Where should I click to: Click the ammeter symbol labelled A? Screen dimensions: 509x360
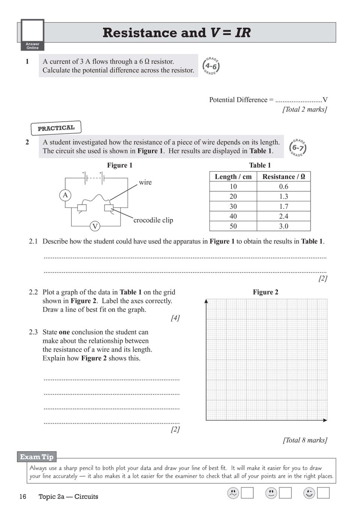[65, 195]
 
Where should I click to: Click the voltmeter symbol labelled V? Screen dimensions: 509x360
[95, 226]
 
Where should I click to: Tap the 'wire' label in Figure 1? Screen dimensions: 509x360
[145, 182]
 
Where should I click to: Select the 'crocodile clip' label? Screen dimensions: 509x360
[153, 220]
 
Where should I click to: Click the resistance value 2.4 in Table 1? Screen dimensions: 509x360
[284, 216]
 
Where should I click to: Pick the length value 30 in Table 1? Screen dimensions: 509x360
[233, 206]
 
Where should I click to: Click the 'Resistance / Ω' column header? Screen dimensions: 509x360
[284, 177]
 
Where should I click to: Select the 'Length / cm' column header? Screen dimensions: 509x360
[233, 177]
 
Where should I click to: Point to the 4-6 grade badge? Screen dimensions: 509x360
[211, 66]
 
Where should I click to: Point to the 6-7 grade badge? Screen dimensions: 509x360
[298, 148]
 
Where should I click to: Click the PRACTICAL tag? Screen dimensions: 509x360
[56, 128]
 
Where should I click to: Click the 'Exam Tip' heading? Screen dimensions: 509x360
[37, 457]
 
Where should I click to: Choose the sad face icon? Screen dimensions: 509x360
[233, 493]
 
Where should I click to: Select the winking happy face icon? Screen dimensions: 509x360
[309, 493]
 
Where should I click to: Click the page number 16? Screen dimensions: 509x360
[23, 497]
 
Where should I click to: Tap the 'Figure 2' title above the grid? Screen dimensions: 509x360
[265, 292]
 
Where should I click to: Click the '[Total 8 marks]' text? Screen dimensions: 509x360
[305, 440]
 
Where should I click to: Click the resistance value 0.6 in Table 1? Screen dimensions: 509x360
[284, 186]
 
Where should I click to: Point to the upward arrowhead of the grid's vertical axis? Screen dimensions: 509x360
[206, 301]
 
